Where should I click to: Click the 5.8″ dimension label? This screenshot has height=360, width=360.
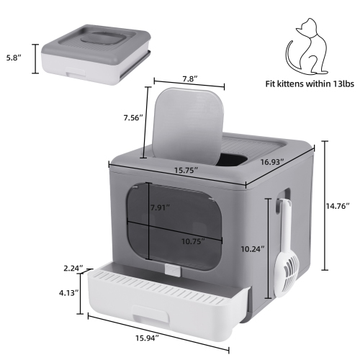[x=14, y=55]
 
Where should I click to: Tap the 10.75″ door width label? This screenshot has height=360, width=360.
[x=191, y=242]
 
